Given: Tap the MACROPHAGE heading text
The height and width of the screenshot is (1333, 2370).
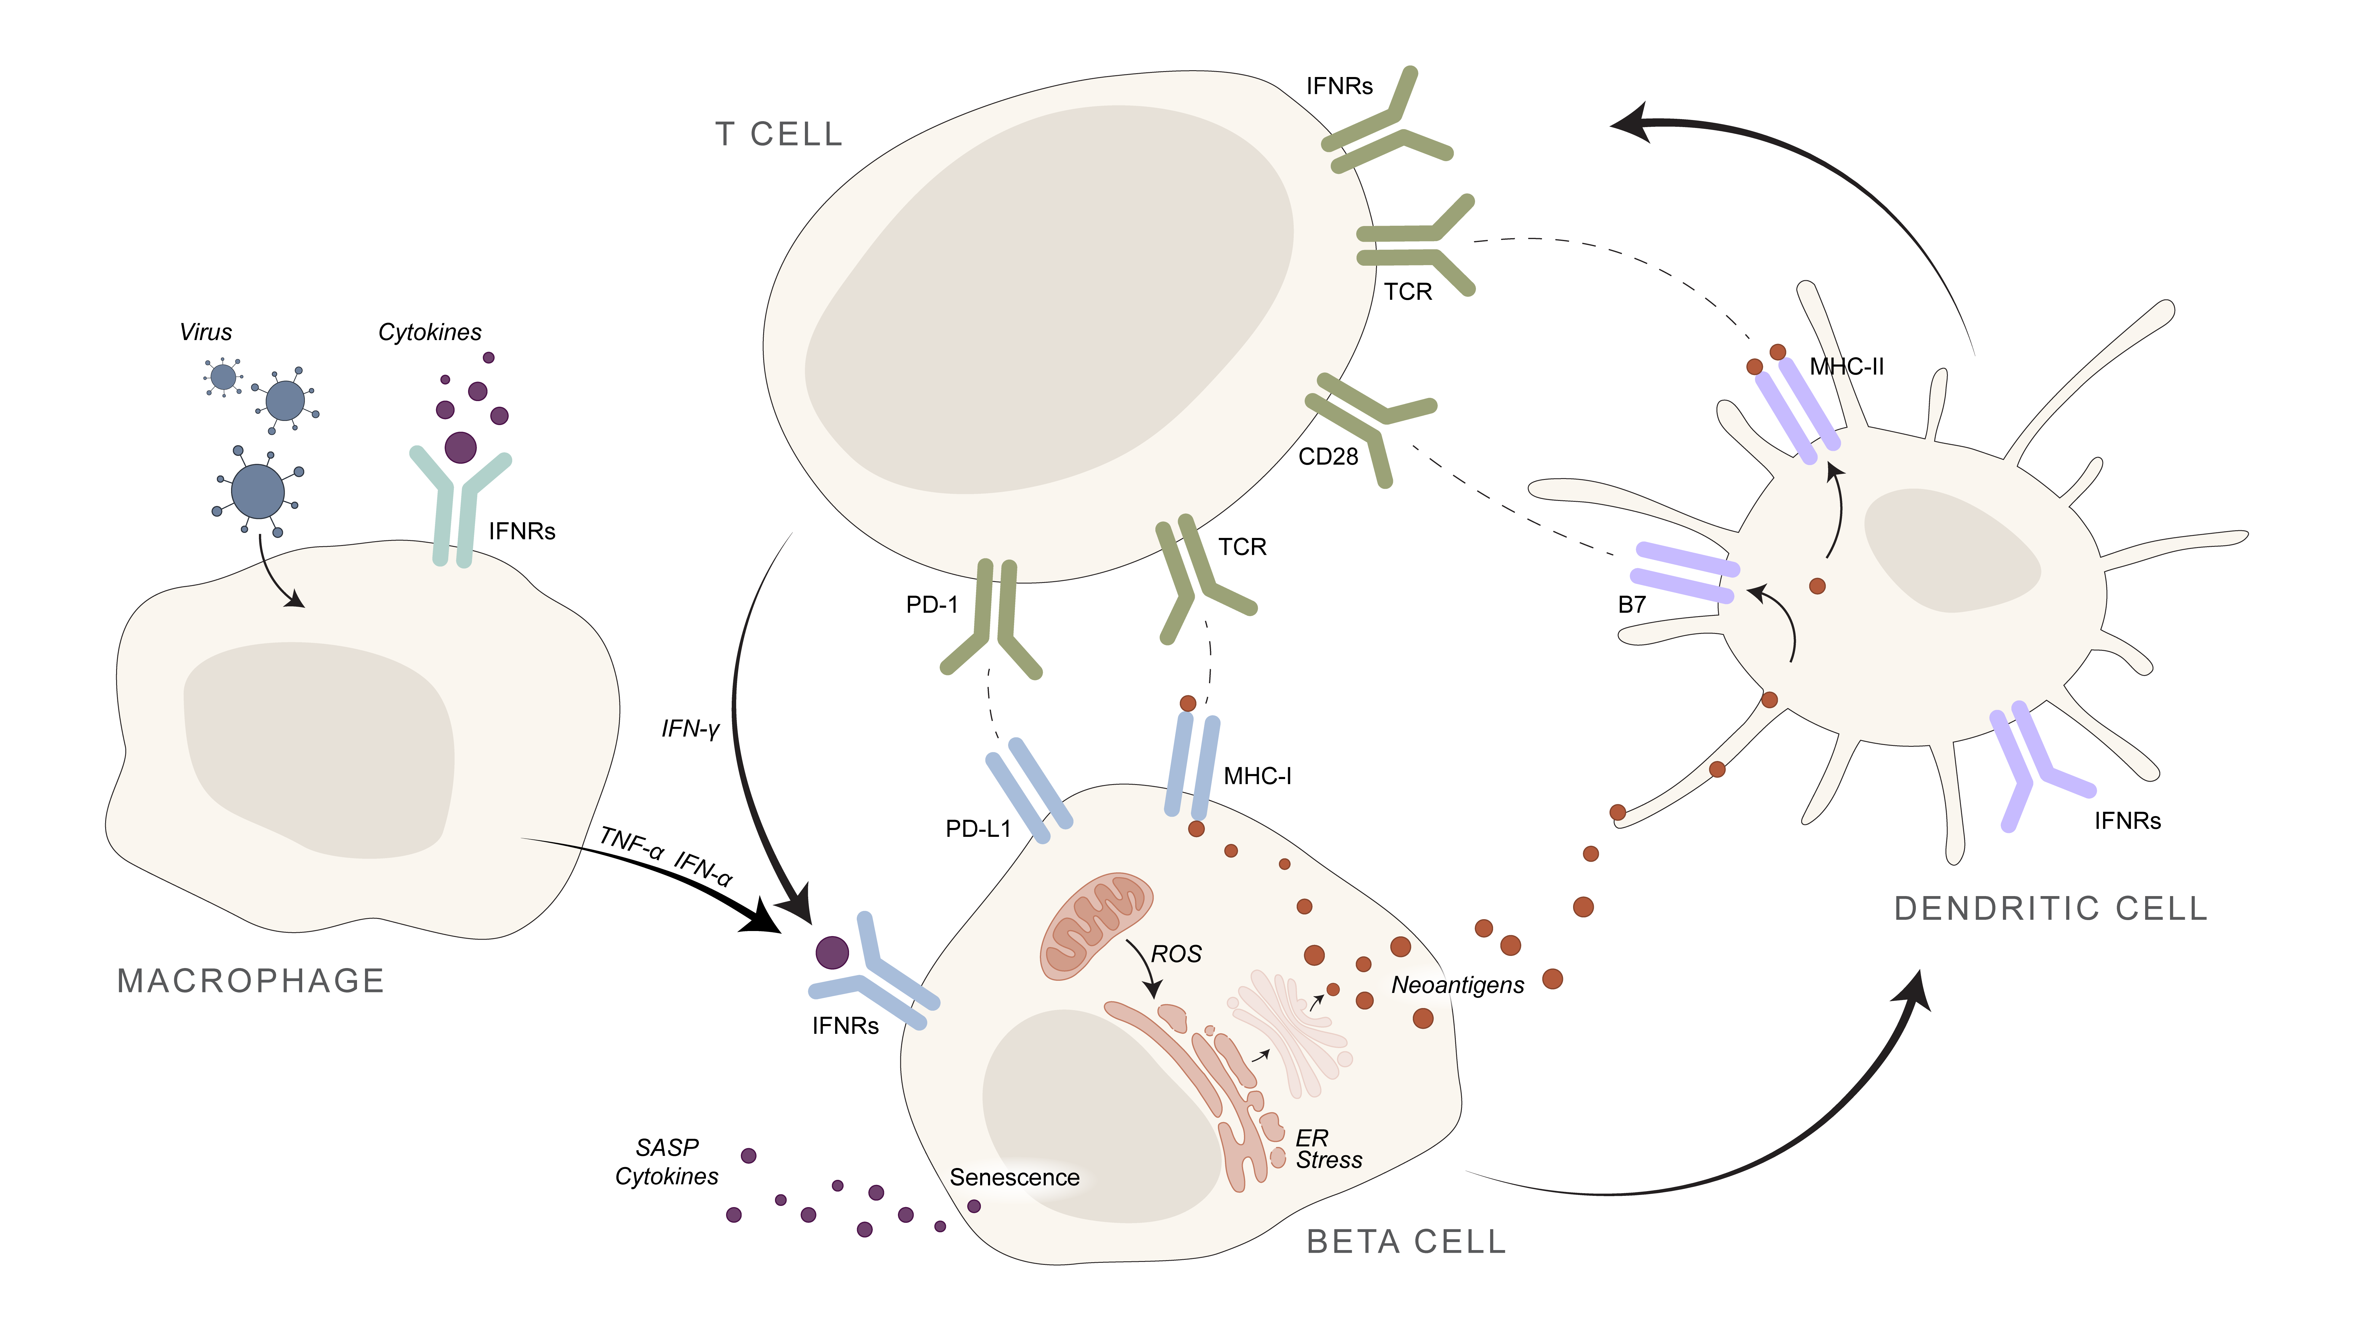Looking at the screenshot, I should point(250,981).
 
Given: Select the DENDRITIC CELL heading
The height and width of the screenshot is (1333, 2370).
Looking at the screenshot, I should point(2051,909).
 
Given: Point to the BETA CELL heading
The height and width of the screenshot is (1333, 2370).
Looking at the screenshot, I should point(1406,1242).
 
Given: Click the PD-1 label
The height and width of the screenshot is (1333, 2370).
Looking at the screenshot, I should point(932,604).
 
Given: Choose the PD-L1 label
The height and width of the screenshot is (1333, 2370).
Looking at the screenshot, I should point(978,829).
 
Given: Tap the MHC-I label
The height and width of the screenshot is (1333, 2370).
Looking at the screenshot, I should point(1257,776).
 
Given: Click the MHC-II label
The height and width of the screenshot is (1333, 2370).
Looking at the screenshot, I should point(1847,367).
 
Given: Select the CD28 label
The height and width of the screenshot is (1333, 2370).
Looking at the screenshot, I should point(1327,456).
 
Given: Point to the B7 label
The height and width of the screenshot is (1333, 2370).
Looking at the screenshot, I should point(1631,604).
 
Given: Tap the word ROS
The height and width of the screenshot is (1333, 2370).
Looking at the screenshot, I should point(1177,954).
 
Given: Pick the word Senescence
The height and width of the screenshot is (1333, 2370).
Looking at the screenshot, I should point(1014,1177).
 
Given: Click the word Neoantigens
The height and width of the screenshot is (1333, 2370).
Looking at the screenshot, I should point(1457,985).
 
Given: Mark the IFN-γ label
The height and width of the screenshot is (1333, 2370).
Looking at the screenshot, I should point(690,729).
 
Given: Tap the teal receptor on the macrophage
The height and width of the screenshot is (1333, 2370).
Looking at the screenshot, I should point(455,506).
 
